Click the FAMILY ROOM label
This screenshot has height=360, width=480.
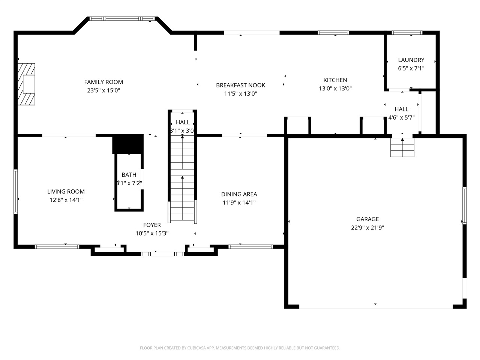coord(103,82)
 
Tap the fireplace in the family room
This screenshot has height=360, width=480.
coord(27,84)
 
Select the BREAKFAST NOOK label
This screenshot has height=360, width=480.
coord(240,85)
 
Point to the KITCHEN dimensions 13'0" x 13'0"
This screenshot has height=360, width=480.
coord(335,88)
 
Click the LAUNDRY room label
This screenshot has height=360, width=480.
coord(411,60)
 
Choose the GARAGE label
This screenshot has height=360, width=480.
coord(367,219)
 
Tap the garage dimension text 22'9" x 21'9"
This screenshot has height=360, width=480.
coord(367,228)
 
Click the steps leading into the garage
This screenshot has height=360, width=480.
coord(402,148)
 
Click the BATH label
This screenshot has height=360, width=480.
coord(129,175)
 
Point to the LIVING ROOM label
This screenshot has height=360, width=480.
coord(66,192)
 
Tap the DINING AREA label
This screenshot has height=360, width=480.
coord(239,194)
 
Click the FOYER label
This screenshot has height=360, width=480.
coord(152,225)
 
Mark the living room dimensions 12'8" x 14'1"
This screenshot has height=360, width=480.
coord(66,200)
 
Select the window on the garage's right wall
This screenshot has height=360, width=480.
coord(464,205)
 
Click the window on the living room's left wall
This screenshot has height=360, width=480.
coord(16,192)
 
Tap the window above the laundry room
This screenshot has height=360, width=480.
coord(407,33)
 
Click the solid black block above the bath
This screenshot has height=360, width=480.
coord(128,144)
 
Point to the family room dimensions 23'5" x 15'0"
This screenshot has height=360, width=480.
coord(103,90)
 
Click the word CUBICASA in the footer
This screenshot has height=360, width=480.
coord(195,348)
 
